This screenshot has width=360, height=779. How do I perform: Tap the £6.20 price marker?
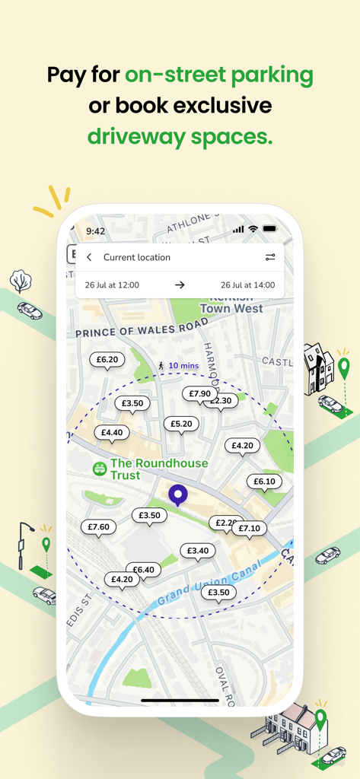click(107, 359)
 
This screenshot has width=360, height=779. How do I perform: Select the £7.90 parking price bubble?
click(199, 393)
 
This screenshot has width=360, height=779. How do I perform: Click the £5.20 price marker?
click(181, 424)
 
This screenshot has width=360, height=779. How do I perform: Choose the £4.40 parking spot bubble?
click(112, 432)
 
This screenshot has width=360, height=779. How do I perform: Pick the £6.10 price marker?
click(264, 482)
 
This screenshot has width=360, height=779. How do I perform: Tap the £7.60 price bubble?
click(98, 526)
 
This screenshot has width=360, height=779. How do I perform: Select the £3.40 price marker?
click(197, 550)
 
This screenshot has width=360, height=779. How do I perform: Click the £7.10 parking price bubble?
click(250, 528)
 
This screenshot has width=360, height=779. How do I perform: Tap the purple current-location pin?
click(178, 496)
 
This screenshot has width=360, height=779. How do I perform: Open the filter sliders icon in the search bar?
click(270, 257)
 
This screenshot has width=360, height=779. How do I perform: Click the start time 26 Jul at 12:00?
click(112, 285)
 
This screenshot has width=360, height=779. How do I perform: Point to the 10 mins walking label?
click(183, 366)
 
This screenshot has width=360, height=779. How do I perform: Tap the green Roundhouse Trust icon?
click(99, 469)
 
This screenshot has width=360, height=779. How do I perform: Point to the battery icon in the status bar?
click(270, 229)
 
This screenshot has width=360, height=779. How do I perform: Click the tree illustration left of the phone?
click(21, 281)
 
